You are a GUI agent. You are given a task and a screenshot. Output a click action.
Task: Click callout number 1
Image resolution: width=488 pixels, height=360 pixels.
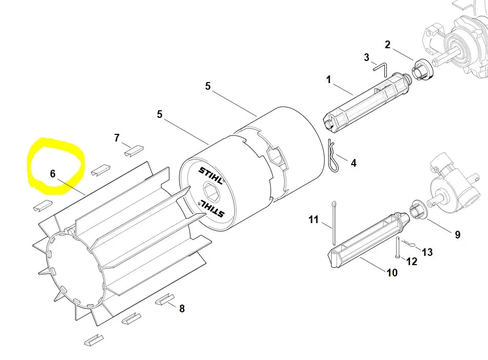328,79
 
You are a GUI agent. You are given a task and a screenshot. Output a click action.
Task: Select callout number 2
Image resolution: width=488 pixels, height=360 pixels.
387,45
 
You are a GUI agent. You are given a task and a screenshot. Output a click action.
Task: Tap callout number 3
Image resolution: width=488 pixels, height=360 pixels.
366,57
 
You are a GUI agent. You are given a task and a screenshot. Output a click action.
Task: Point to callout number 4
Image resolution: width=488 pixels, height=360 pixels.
354,163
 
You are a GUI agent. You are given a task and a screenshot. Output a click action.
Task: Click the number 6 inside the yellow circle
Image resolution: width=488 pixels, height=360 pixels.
52,174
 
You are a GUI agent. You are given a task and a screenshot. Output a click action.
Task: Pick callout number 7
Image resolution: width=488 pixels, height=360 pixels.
116,137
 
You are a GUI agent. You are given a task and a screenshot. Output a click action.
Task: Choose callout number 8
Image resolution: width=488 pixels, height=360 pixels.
182,308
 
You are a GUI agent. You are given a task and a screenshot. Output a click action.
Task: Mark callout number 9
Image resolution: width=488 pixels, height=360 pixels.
457,234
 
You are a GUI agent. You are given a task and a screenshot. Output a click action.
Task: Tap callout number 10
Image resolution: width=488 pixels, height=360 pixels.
392,273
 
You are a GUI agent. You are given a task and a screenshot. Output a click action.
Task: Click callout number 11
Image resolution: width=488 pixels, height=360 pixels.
314,219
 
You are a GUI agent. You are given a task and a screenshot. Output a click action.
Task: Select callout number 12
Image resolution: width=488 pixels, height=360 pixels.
412,262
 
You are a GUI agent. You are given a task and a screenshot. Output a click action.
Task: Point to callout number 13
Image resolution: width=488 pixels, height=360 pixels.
427,252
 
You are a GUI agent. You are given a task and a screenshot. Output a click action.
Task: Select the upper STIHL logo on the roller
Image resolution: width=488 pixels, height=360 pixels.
211,176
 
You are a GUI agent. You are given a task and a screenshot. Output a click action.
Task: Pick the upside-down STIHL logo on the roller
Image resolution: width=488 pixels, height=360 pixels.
212,208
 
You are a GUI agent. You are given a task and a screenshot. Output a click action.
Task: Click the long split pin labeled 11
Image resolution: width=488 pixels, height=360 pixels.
334,223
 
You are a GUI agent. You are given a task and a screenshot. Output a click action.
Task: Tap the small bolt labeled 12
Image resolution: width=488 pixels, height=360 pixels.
398,248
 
